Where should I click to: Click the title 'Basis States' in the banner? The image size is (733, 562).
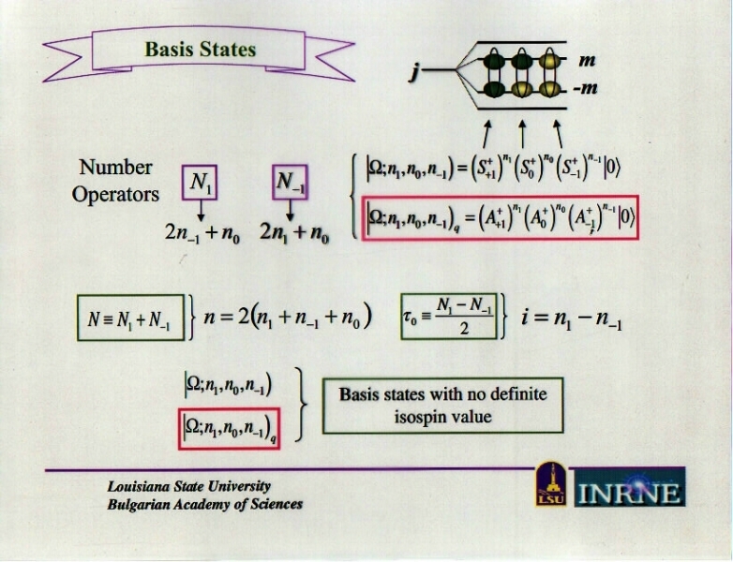point(200,50)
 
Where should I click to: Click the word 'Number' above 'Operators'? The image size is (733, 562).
point(115,167)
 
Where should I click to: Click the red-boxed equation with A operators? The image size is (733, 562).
point(502,217)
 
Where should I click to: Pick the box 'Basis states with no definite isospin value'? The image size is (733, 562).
point(442,405)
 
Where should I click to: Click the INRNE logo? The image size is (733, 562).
point(629,488)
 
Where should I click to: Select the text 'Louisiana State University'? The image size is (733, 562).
point(188,486)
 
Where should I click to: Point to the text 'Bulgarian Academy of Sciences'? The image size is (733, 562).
point(204,503)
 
